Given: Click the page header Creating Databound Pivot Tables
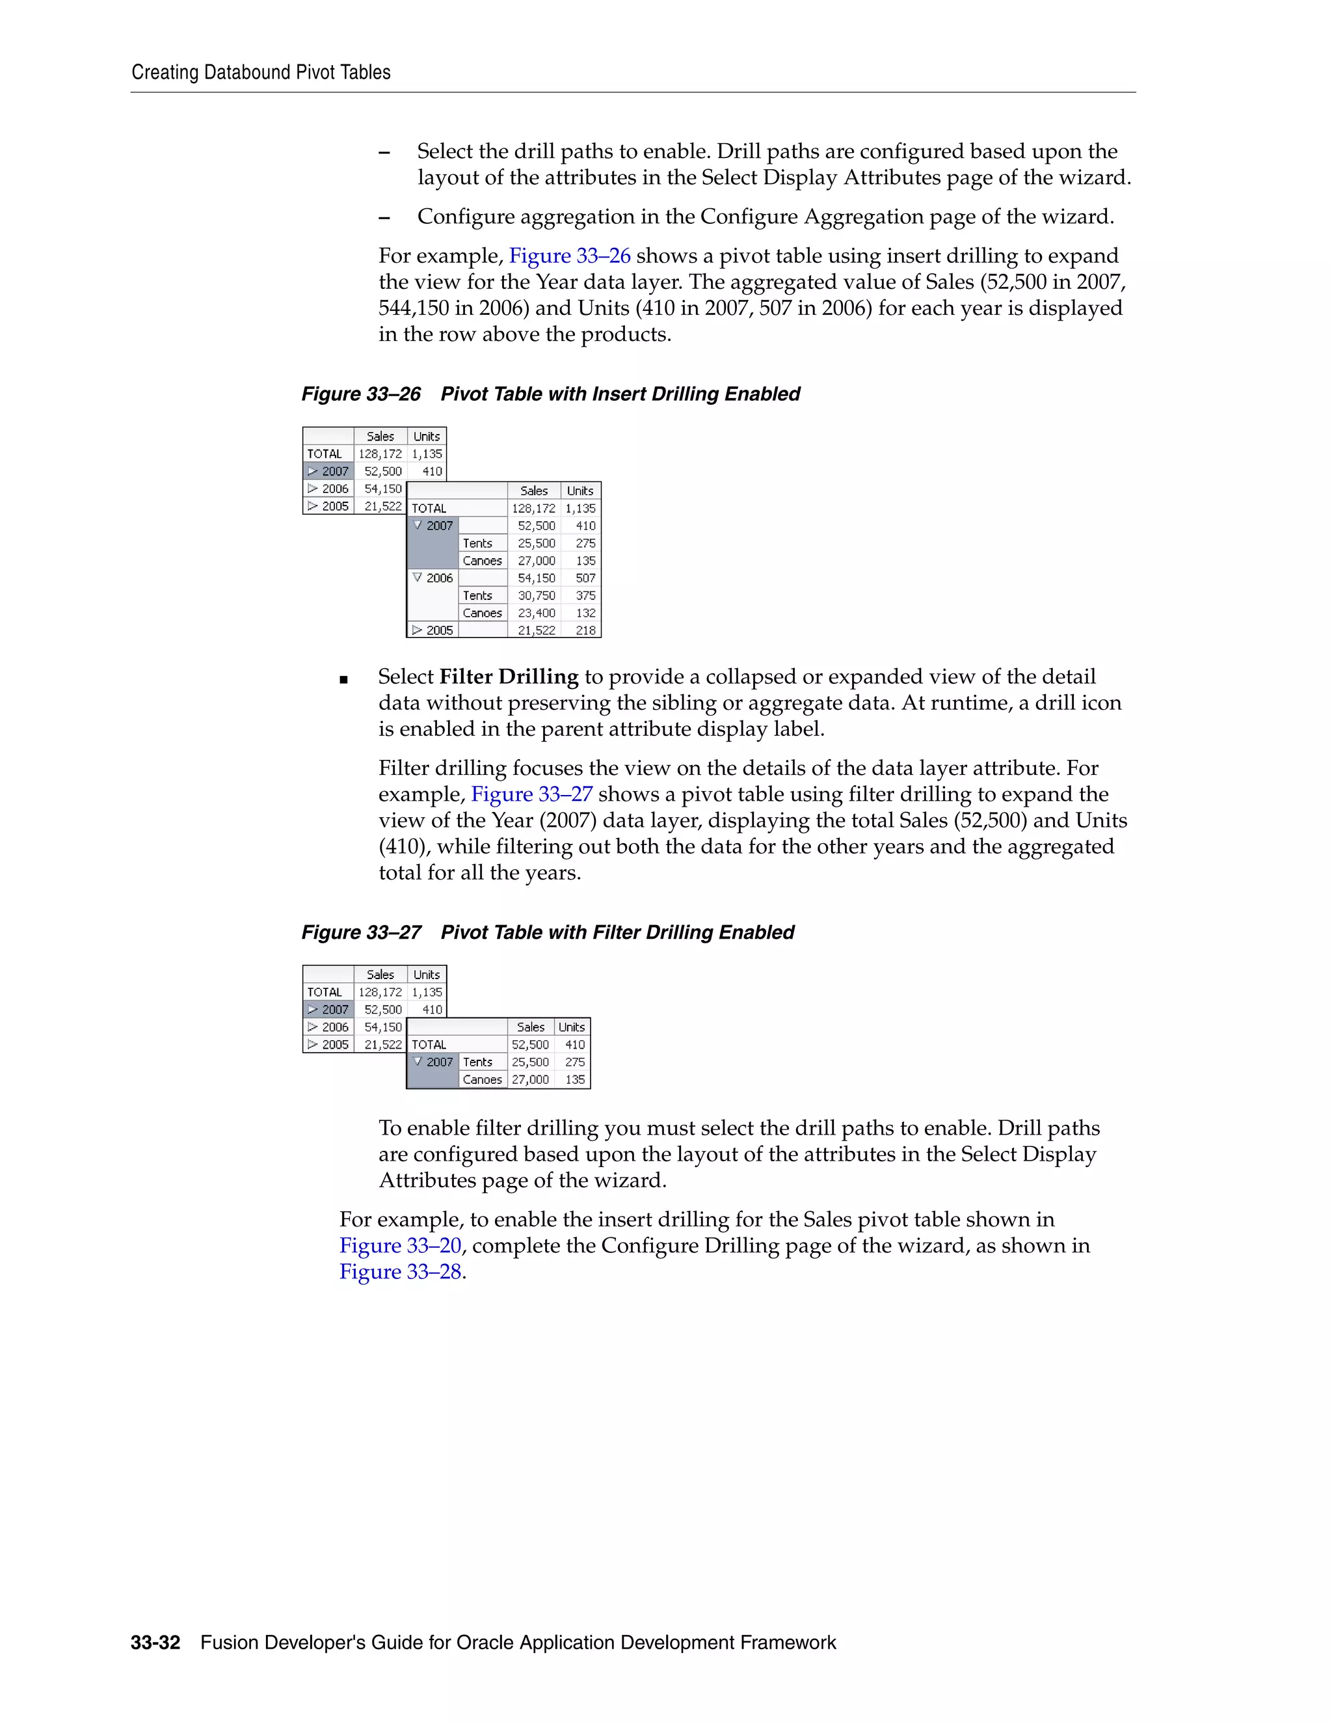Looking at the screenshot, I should (260, 73).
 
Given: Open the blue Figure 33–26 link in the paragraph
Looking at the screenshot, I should (569, 256).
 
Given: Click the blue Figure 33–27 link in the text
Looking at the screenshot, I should (531, 794).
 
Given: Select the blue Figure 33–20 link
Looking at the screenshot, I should (400, 1246).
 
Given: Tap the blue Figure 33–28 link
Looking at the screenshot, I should (400, 1272).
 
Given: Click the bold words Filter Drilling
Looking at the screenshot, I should (509, 677).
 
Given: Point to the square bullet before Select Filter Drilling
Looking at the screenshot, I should (343, 679).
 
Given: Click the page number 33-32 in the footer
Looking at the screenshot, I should (155, 1643).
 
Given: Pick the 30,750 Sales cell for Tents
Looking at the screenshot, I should (536, 596).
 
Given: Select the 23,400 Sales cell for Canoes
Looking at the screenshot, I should (536, 613).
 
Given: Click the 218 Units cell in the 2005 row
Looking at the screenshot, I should (585, 630).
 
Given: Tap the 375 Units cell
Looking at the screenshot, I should (585, 596).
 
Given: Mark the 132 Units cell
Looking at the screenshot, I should (585, 613).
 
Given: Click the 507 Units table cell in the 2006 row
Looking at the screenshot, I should (585, 578).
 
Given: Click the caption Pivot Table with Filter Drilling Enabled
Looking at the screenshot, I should (617, 932).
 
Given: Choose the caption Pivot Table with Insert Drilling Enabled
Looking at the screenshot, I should (620, 394).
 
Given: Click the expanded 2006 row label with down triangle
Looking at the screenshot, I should (433, 578).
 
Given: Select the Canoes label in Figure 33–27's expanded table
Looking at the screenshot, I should (482, 1080).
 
